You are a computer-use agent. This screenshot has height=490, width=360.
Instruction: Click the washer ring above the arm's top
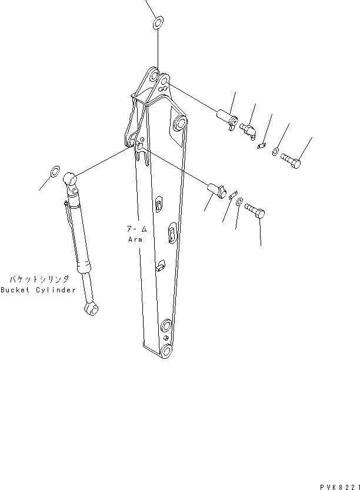(157, 24)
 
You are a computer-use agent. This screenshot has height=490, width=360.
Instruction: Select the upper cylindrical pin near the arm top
(228, 119)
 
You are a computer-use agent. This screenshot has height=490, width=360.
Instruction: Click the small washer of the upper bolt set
(275, 153)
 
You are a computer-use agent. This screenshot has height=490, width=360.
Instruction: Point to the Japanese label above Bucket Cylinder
(39, 279)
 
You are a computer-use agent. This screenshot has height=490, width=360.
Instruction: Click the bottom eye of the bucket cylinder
(91, 308)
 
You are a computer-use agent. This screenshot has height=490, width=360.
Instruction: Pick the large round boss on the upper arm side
(179, 124)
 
